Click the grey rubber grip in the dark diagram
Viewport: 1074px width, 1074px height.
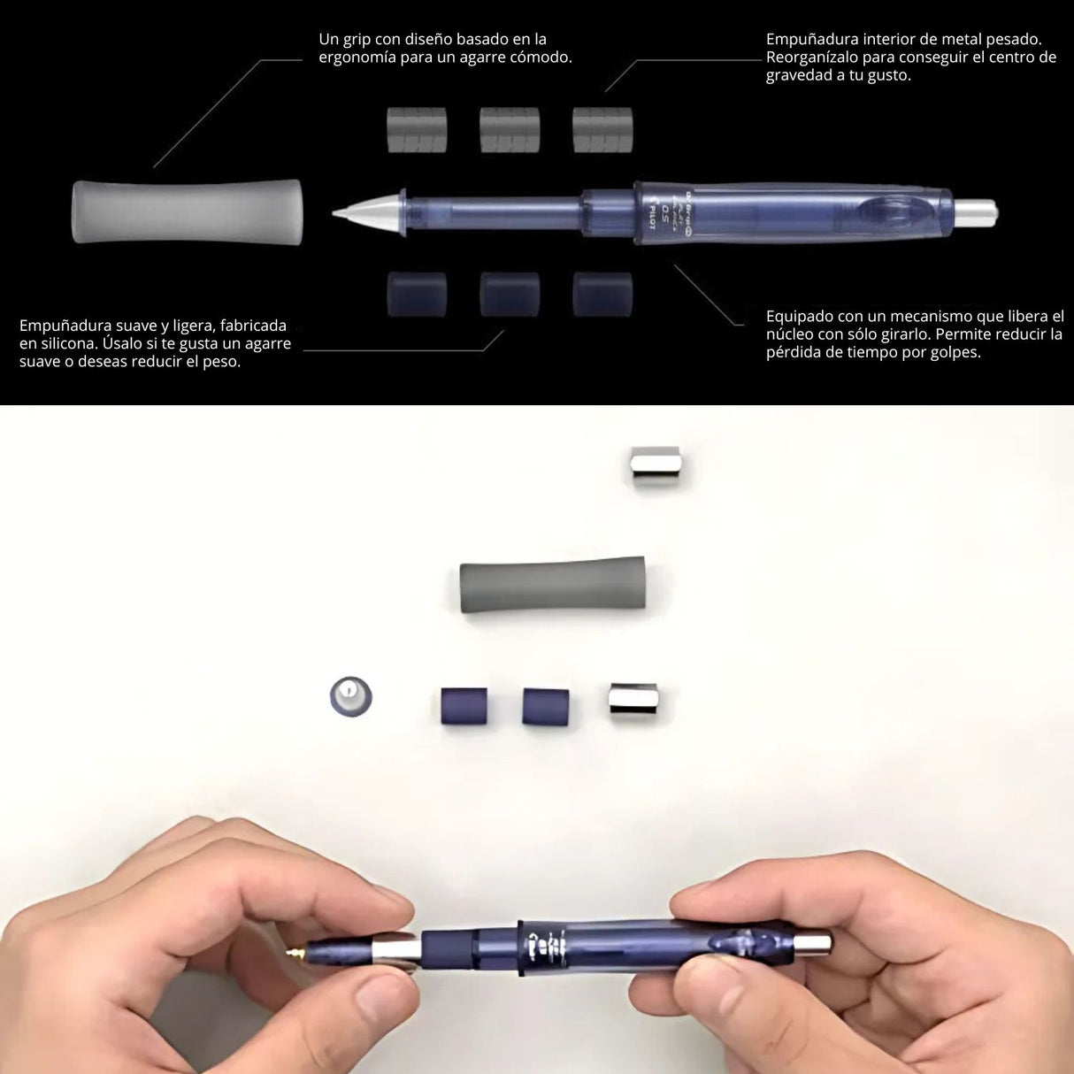(x=187, y=211)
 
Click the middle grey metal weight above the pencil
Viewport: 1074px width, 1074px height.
(x=510, y=129)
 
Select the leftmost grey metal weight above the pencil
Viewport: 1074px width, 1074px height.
(x=417, y=129)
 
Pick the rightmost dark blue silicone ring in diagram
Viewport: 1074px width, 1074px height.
(x=602, y=294)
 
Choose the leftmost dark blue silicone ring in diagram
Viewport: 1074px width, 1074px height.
(x=417, y=294)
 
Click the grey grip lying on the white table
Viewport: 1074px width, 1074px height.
(x=552, y=585)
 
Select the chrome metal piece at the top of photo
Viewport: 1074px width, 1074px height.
(x=655, y=467)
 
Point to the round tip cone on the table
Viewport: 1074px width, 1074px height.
(x=350, y=696)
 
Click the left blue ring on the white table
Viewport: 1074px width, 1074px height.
(x=464, y=705)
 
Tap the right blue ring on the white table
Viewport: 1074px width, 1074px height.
(x=546, y=705)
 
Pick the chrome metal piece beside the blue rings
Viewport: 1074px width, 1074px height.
(x=632, y=701)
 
